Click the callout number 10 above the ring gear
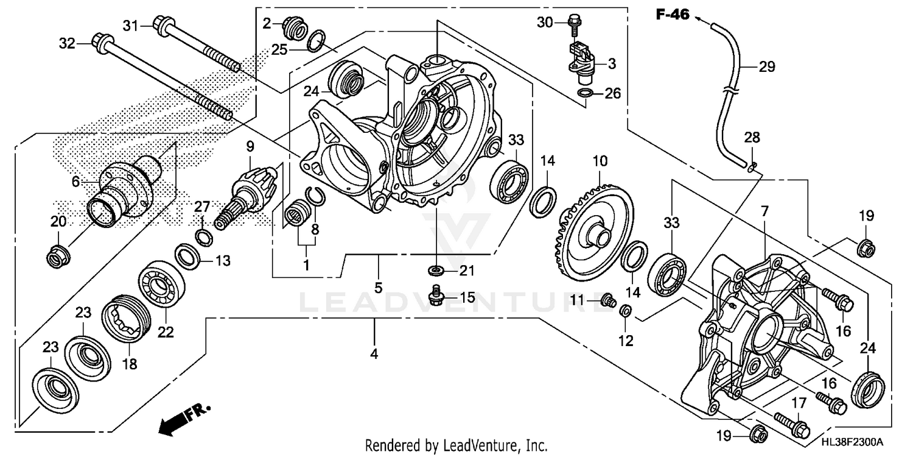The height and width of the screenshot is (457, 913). pyautogui.click(x=600, y=161)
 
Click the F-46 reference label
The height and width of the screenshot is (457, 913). pyautogui.click(x=672, y=15)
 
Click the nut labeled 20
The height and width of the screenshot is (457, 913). pyautogui.click(x=58, y=257)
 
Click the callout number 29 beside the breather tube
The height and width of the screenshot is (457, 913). pyautogui.click(x=767, y=67)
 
